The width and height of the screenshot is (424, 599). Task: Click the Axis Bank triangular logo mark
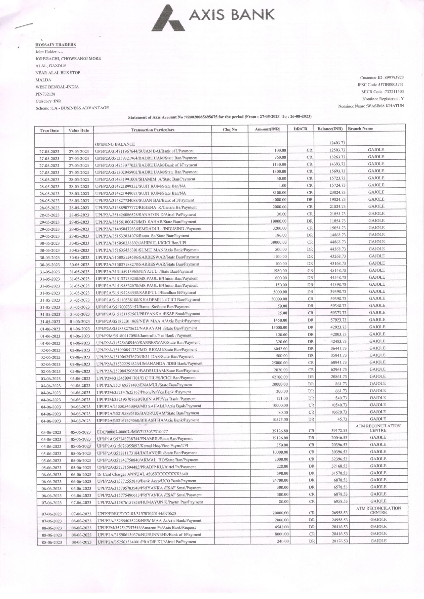pyautogui.click(x=169, y=19)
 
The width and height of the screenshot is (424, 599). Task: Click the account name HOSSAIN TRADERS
pyautogui.click(x=56, y=45)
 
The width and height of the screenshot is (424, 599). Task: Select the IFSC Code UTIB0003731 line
pyautogui.click(x=380, y=85)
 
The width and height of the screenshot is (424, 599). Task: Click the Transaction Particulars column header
pyautogui.click(x=152, y=130)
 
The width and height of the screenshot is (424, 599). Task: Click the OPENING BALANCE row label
pyautogui.click(x=115, y=144)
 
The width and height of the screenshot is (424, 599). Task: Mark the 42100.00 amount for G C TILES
pyautogui.click(x=279, y=377)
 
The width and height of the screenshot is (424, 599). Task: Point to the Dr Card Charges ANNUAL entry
pyautogui.click(x=143, y=474)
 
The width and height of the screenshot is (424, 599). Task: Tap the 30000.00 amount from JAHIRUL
pyautogui.click(x=278, y=242)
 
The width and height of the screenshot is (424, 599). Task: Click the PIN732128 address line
pyautogui.click(x=46, y=94)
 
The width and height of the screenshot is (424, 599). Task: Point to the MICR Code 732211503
pyautogui.click(x=382, y=92)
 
